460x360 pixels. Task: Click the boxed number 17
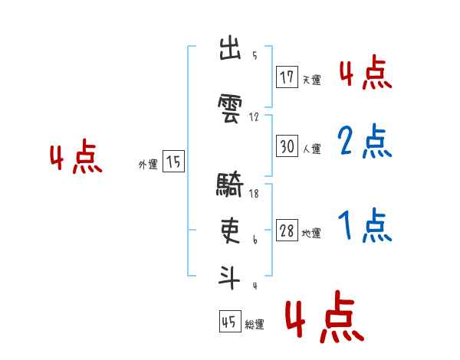click(x=287, y=77)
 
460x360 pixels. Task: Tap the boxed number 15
click(x=173, y=162)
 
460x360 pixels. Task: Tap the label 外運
click(x=148, y=164)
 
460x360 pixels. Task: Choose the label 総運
click(x=255, y=325)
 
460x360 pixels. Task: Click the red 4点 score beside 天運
click(x=365, y=74)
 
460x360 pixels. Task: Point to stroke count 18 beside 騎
click(x=254, y=193)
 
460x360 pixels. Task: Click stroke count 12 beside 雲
click(x=255, y=117)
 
